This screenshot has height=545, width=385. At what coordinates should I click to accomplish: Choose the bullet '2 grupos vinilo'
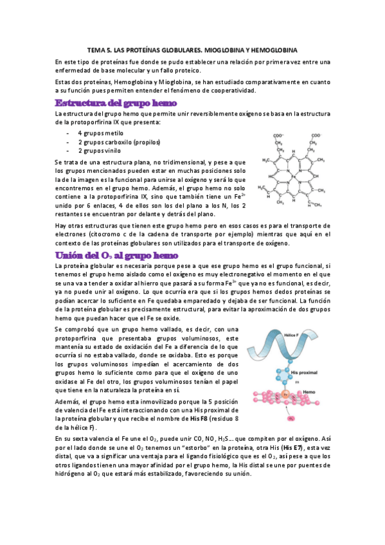click(100, 150)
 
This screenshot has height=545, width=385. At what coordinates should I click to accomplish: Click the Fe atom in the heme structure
click(292, 175)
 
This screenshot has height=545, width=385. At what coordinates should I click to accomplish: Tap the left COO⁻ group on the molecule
click(278, 135)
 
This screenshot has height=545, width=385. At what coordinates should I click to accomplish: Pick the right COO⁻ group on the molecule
click(315, 135)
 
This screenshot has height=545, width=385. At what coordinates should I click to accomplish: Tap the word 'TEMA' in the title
click(96, 49)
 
